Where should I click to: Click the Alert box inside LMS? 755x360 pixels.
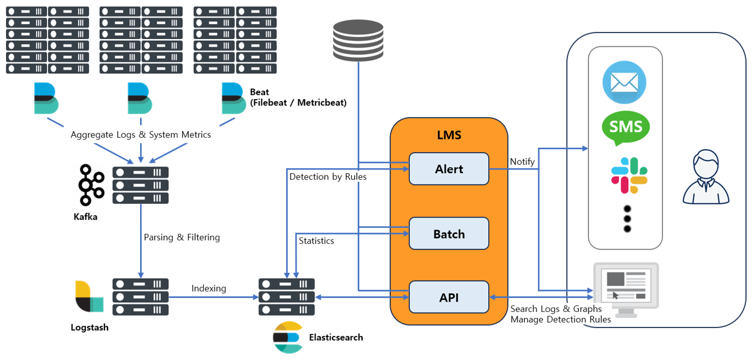pyautogui.click(x=448, y=169)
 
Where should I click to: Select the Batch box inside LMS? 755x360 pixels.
pyautogui.click(x=448, y=234)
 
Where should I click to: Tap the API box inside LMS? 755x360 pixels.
pyautogui.click(x=448, y=297)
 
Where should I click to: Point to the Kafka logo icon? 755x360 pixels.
pyautogui.click(x=91, y=185)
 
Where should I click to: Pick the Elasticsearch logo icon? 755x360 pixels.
pyautogui.click(x=287, y=338)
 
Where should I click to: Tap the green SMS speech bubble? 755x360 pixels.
pyautogui.click(x=626, y=127)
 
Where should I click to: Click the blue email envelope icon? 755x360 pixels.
pyautogui.click(x=624, y=82)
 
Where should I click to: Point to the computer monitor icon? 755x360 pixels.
pyautogui.click(x=626, y=288)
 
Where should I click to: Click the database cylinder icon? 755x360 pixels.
pyautogui.click(x=358, y=40)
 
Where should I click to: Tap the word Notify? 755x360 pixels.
pyautogui.click(x=522, y=162)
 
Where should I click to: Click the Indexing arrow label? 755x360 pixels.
pyautogui.click(x=209, y=288)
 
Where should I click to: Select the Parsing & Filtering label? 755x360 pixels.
pyautogui.click(x=182, y=237)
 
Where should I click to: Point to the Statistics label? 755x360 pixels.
pyautogui.click(x=316, y=241)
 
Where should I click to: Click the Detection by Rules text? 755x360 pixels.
pyautogui.click(x=328, y=177)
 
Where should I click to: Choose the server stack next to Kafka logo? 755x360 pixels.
pyautogui.click(x=140, y=185)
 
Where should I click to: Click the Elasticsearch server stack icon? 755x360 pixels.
pyautogui.click(x=286, y=297)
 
